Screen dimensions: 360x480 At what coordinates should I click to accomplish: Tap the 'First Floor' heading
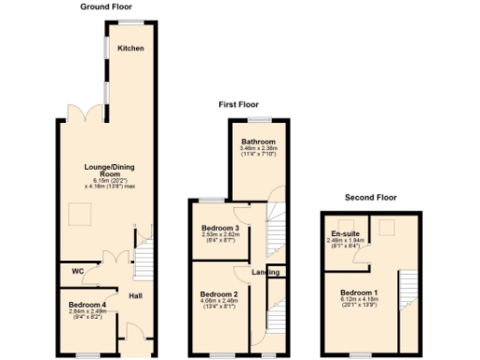click(239, 105)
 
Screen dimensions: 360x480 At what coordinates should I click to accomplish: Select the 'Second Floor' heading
click(372, 198)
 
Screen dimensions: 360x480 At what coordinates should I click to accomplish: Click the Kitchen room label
click(130, 48)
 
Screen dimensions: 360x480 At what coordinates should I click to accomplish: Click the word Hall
click(135, 296)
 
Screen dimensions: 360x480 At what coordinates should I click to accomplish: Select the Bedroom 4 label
click(87, 306)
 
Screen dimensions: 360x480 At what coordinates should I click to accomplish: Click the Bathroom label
click(256, 142)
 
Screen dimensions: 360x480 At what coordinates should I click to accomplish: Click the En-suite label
click(342, 233)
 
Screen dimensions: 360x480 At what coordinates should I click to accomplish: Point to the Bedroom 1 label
click(359, 292)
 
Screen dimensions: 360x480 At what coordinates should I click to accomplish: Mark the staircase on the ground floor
click(143, 255)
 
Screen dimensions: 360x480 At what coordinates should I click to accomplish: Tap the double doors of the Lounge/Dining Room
click(92, 114)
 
